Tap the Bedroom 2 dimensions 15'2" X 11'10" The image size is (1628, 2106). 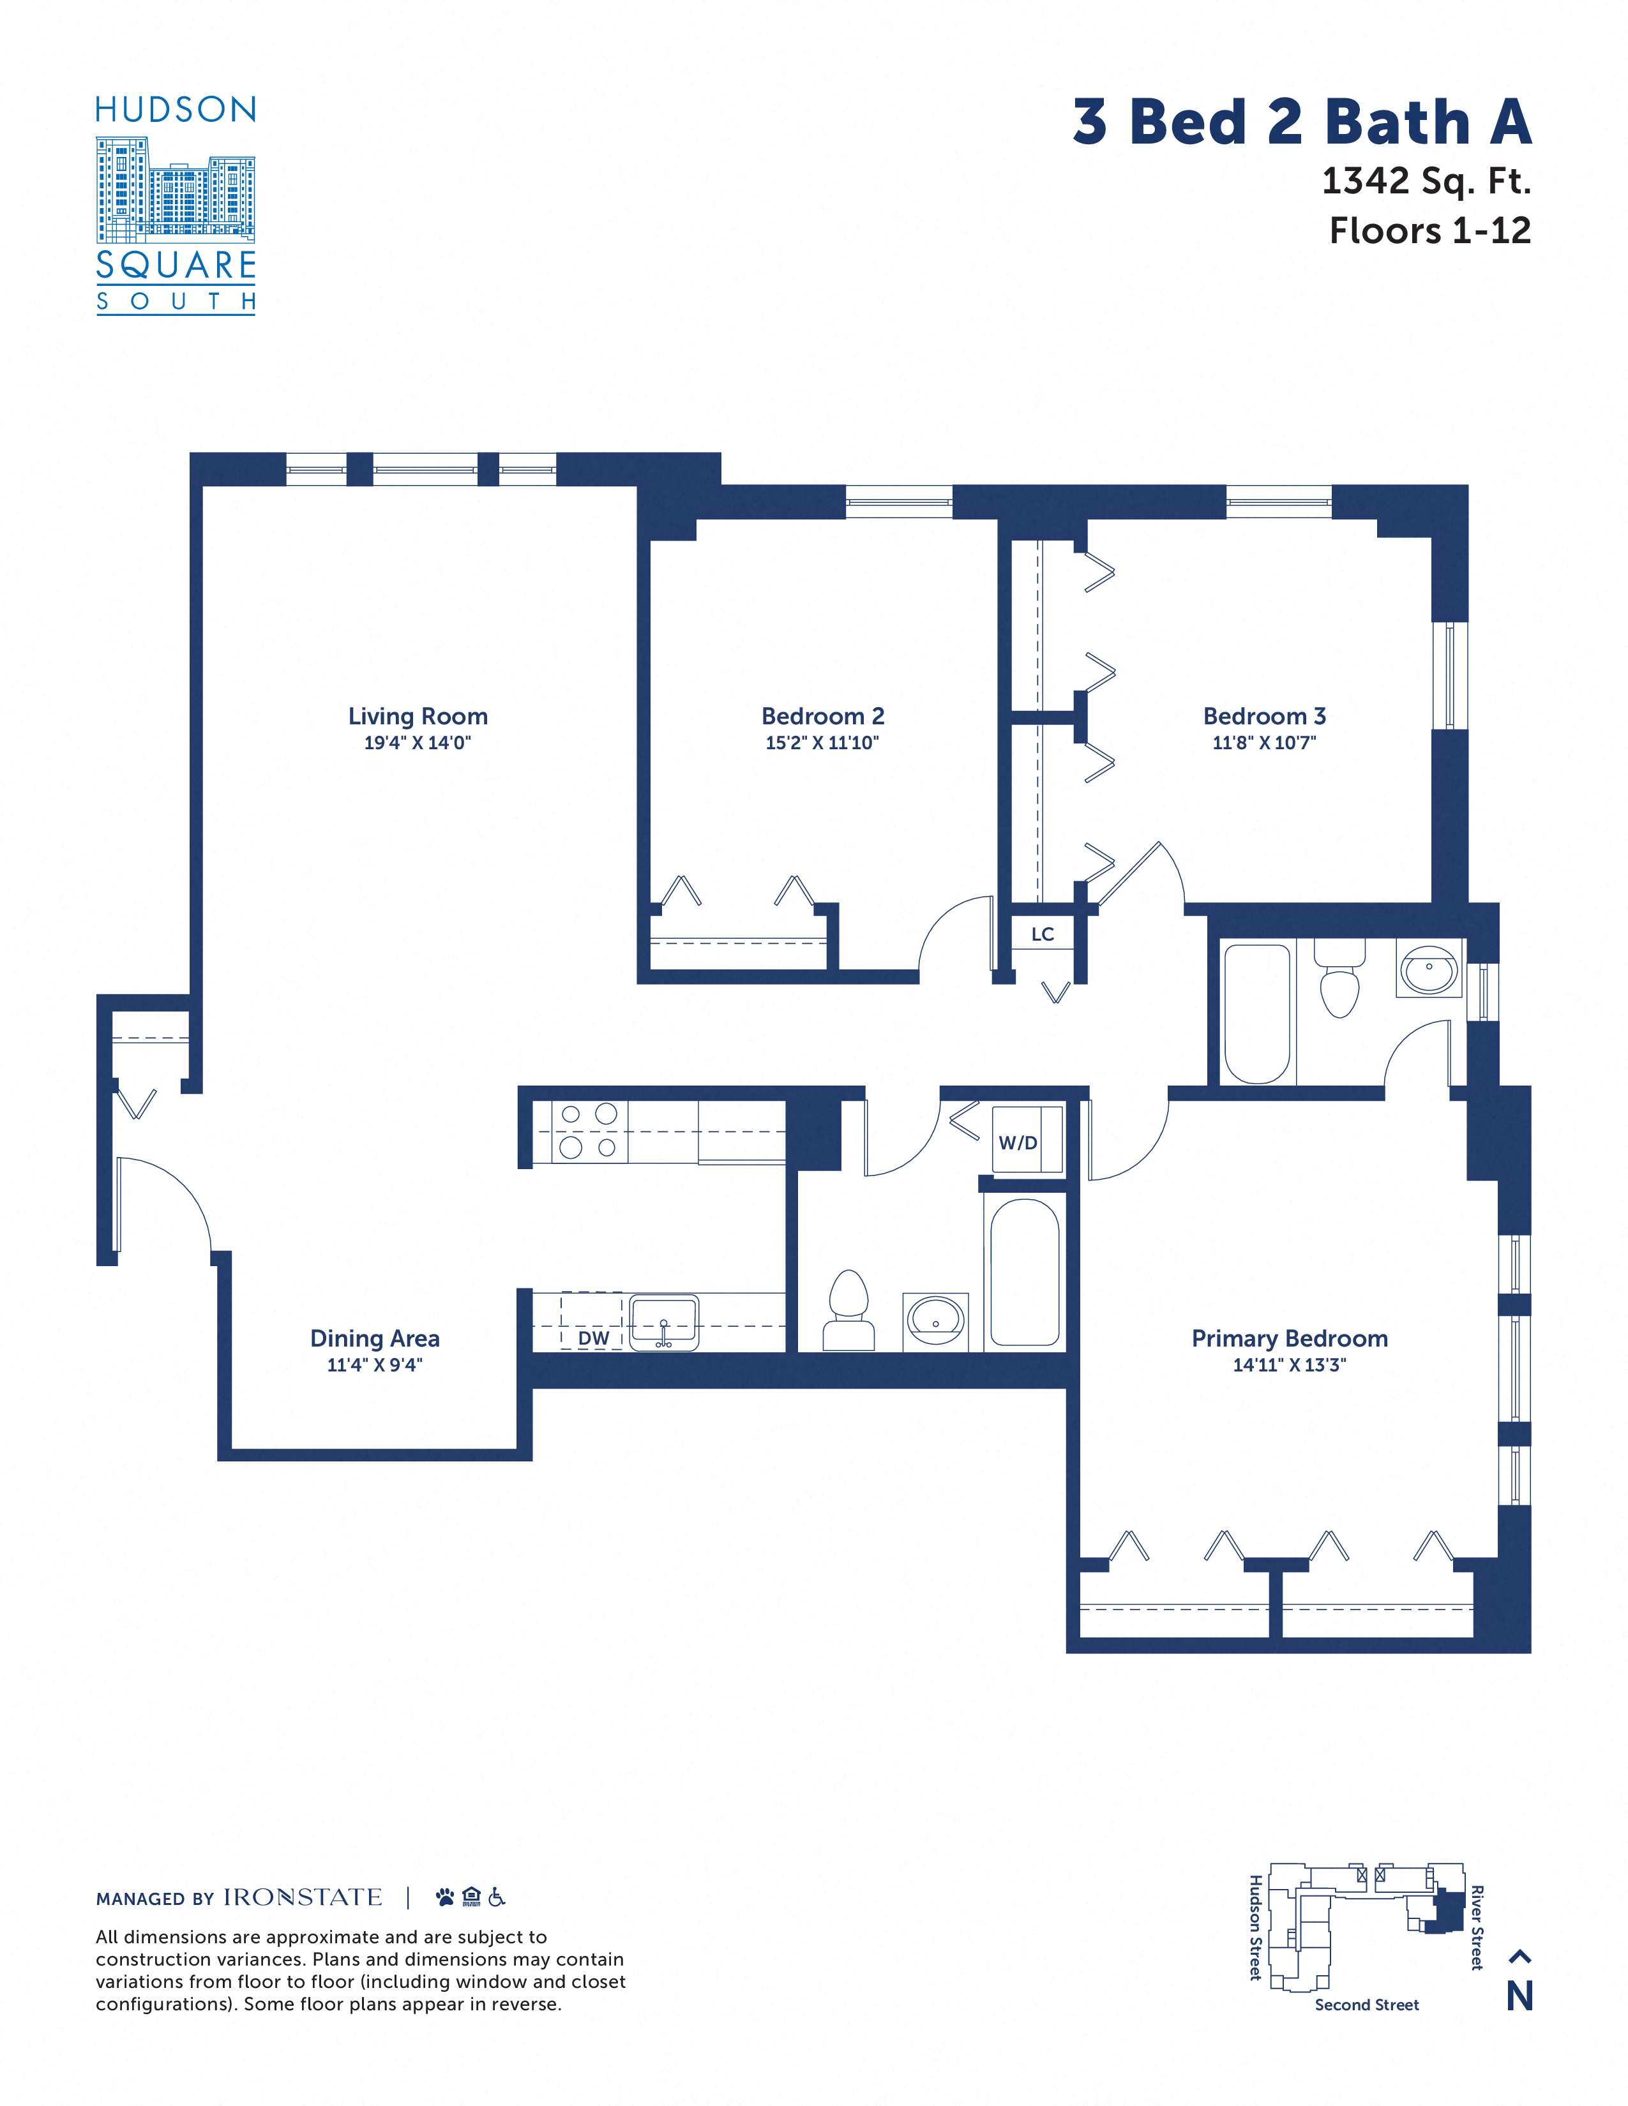[x=822, y=742]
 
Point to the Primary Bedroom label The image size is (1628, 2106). [x=1290, y=1338]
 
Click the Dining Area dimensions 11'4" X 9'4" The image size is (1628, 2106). [x=375, y=1364]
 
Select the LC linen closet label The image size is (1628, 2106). [x=1043, y=934]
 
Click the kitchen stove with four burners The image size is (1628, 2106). [x=589, y=1131]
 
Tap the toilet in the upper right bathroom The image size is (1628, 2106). [x=1339, y=978]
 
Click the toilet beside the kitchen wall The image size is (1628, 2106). [x=848, y=1310]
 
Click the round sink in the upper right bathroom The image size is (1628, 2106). [x=1429, y=969]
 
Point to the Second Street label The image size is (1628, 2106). [x=1367, y=2005]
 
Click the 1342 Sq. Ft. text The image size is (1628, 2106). [x=1426, y=181]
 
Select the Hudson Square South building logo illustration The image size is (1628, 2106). [x=176, y=189]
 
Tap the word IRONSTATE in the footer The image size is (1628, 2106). [x=303, y=1897]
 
